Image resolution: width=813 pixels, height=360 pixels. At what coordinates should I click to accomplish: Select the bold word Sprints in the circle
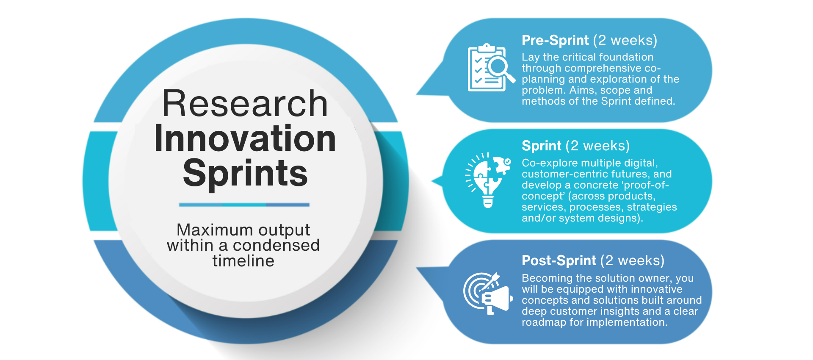tap(245, 174)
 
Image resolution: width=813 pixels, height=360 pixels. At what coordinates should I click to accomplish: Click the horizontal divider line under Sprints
tap(244, 205)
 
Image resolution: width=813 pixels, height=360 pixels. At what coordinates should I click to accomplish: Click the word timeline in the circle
tap(243, 261)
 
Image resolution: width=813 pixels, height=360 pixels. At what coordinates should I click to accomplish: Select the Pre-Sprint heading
tap(555, 40)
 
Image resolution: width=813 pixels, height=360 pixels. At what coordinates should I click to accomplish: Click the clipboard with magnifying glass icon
tap(490, 68)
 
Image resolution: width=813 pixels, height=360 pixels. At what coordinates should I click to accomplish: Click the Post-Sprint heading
tap(559, 260)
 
